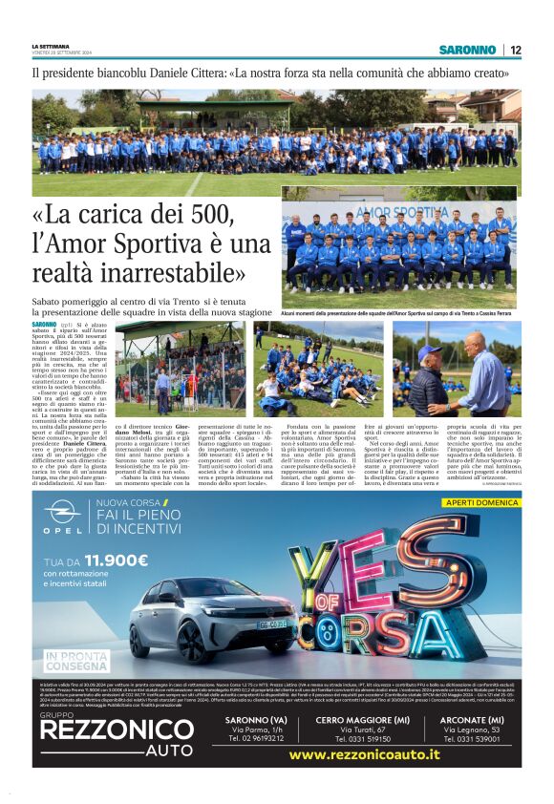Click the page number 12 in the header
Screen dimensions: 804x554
click(515, 50)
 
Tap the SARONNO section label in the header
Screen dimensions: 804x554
click(468, 50)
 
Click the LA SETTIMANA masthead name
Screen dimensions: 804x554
click(51, 46)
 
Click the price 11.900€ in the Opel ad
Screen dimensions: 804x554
click(111, 561)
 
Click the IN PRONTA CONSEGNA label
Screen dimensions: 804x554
click(77, 661)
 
